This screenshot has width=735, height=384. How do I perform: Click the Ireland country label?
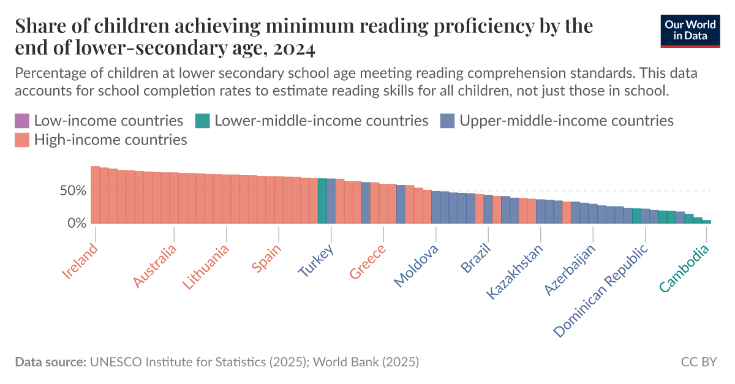(x=80, y=261)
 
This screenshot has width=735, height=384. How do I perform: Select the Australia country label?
(x=155, y=266)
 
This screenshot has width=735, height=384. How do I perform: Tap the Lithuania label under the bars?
(x=206, y=268)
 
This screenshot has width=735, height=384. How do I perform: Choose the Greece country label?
(x=368, y=262)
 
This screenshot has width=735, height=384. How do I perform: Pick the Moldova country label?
(x=416, y=266)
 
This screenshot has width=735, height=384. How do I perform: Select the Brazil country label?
(x=475, y=259)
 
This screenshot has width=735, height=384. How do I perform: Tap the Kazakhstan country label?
(x=514, y=272)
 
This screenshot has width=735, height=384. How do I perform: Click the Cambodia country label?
(x=684, y=268)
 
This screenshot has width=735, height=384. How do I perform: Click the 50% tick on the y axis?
(x=73, y=190)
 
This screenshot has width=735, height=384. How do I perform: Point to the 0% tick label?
(x=77, y=224)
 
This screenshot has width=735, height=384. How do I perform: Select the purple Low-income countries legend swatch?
(x=21, y=121)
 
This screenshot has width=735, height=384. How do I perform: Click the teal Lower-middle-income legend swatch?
(x=203, y=121)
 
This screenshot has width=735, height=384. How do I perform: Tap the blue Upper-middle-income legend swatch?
(x=447, y=121)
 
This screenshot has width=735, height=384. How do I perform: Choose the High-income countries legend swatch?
(x=21, y=140)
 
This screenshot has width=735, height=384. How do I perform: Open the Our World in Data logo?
(x=689, y=29)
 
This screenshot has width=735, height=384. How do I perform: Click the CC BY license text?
(x=698, y=362)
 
